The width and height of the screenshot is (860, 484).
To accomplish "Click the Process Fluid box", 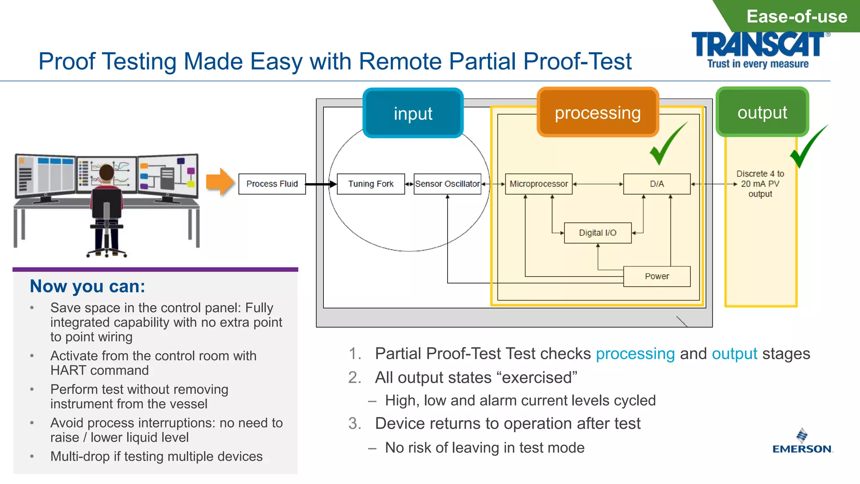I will [x=272, y=184].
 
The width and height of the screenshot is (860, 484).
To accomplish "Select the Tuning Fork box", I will [x=370, y=184].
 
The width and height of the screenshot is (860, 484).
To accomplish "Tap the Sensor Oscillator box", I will [x=447, y=184].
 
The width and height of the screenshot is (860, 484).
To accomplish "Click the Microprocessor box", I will [x=538, y=184].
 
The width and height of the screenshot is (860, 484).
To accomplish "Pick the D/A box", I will [x=656, y=184].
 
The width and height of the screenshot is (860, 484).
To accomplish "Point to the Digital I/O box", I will [x=597, y=233].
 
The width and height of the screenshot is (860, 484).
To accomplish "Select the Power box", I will [x=656, y=276].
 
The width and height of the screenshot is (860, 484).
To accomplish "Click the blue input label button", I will [x=413, y=113].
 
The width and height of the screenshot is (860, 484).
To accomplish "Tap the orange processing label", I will [x=598, y=113].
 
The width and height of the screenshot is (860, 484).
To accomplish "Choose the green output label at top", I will [x=762, y=112].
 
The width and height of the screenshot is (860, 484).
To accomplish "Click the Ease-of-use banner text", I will [x=797, y=16].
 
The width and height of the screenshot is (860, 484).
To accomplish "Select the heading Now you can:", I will [x=87, y=286].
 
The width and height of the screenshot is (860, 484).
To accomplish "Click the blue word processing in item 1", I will [x=635, y=354].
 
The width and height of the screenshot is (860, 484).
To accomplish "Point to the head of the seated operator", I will [x=106, y=172].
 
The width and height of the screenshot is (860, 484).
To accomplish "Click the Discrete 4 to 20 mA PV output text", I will [x=760, y=184].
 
